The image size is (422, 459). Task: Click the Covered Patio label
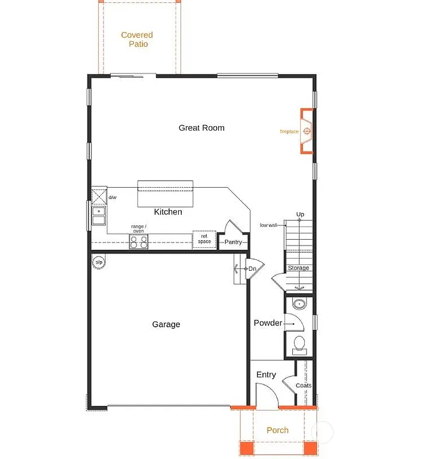pos(137,39)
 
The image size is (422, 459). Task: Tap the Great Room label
pos(201,128)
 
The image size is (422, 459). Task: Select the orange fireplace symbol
pos(307,131)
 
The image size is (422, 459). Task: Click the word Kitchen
pos(168,212)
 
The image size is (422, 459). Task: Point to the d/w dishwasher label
pos(112,197)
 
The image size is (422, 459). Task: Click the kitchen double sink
pos(99,215)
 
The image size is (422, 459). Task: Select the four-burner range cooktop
pos(139,242)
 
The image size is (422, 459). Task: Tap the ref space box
pos(204,239)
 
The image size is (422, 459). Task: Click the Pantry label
pos(233,242)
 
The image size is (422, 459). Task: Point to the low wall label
pos(268,225)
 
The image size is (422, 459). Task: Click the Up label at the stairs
pos(300,215)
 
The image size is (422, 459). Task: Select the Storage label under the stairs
pos(298,268)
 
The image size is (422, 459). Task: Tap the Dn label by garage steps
pos(252,269)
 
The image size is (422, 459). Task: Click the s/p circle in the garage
pos(99,262)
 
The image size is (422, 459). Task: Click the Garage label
pos(166,325)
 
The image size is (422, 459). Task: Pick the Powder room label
pos(267,323)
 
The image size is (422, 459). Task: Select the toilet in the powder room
pos(299,344)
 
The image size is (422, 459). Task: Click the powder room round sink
pos(299,304)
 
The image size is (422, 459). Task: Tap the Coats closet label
pos(303,385)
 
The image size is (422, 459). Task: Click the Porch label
pos(277,430)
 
